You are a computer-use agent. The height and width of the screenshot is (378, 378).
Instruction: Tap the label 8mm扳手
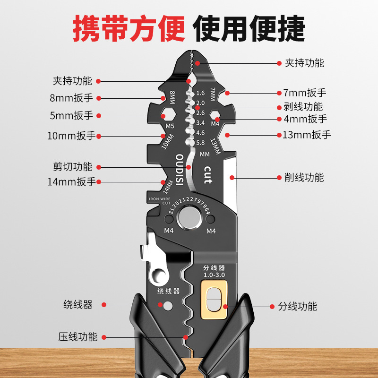[x=72, y=98]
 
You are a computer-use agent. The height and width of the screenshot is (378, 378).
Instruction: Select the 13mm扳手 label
[x=306, y=135]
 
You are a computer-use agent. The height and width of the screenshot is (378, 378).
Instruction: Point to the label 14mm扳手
[x=72, y=181]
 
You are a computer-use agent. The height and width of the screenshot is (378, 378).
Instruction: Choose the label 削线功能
[x=304, y=178]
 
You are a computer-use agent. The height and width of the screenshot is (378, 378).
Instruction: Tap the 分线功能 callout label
[x=297, y=306]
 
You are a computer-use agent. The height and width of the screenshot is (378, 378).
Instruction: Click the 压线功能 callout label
[x=78, y=337]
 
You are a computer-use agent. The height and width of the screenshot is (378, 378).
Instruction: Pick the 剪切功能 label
[x=73, y=166]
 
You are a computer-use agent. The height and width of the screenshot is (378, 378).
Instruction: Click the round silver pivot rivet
[x=189, y=219]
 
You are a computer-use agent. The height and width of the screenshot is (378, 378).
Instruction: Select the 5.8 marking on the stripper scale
[x=200, y=143]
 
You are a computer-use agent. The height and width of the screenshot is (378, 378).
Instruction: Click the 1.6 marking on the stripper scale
[x=200, y=93]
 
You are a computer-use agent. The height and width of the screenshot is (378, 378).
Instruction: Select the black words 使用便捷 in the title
[x=249, y=29]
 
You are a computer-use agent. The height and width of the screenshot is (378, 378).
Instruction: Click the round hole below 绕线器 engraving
[x=168, y=306]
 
